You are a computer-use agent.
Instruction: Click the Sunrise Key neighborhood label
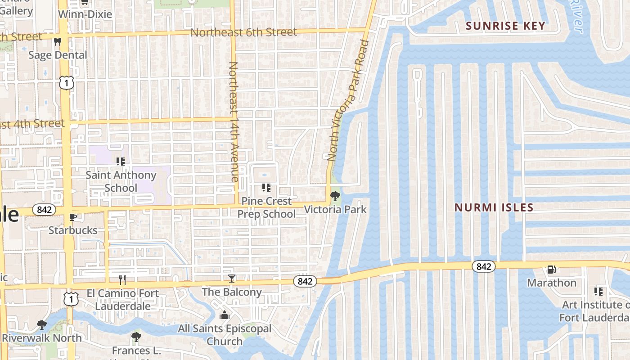(x=505, y=26)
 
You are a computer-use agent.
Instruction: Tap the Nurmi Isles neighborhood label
(x=494, y=207)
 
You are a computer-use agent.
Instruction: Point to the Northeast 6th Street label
(x=243, y=32)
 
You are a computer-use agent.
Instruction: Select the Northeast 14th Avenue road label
(x=234, y=121)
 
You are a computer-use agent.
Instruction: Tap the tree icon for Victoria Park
(x=335, y=196)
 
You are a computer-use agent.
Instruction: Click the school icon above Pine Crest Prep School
(x=266, y=187)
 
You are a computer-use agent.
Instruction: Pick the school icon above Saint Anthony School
(x=120, y=161)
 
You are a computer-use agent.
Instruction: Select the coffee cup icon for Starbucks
(x=73, y=217)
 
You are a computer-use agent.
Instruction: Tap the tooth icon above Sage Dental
(x=57, y=42)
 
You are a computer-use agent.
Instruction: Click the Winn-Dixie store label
(x=85, y=14)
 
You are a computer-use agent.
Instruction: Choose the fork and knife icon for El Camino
(x=122, y=280)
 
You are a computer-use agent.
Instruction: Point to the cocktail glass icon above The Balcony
(x=231, y=279)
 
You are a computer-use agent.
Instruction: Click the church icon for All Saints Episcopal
(x=224, y=315)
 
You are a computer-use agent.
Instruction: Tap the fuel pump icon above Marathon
(x=551, y=270)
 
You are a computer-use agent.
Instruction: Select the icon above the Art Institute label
(x=598, y=292)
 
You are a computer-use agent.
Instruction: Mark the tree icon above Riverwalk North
(x=42, y=325)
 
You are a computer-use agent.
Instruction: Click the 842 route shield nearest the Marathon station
(x=484, y=266)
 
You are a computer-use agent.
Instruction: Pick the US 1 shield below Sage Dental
(x=66, y=82)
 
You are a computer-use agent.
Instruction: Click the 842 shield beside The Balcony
(x=305, y=281)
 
